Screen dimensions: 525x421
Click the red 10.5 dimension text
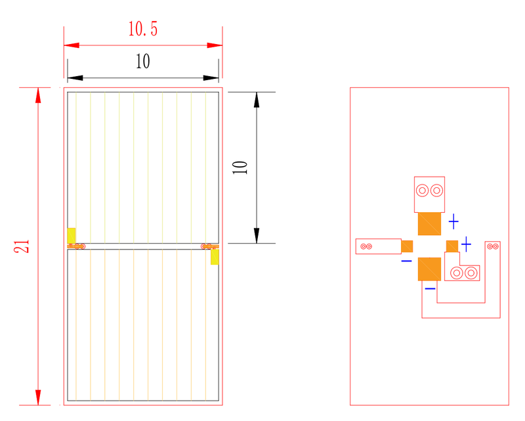143,29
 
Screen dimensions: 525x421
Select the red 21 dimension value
22,246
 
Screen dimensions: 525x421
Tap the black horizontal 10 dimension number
143,61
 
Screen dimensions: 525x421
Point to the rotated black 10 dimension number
240,167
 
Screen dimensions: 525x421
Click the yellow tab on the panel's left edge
72,236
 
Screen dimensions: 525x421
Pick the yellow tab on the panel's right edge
215,257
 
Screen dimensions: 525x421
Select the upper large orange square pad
429,223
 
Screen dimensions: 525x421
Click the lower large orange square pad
429,269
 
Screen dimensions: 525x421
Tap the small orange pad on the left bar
407,246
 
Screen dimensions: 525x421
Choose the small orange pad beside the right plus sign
452,246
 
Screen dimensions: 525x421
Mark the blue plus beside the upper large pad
453,221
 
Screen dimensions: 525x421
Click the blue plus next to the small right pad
466,244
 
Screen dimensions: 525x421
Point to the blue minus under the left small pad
406,261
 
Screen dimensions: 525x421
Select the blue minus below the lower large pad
430,288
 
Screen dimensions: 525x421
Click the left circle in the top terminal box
422,190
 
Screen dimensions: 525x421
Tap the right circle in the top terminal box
436,190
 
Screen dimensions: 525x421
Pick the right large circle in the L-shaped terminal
471,273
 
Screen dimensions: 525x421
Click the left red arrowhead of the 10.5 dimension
72,45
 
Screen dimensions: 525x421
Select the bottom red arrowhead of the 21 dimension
38,397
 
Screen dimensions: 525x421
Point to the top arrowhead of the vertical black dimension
257,100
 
